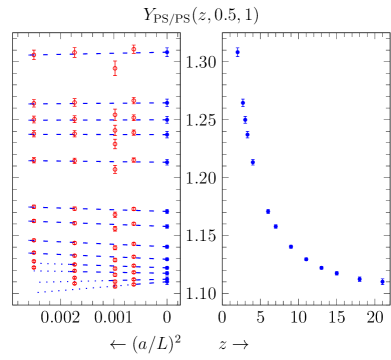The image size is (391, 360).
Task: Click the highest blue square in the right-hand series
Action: tap(237, 52)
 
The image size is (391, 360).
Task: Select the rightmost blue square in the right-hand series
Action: tap(382, 281)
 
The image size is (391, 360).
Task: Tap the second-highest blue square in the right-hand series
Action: tap(243, 102)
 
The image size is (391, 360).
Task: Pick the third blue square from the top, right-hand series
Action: tap(245, 120)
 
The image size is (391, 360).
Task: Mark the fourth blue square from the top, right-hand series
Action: tap(247, 135)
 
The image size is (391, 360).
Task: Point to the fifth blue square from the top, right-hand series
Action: tap(252, 162)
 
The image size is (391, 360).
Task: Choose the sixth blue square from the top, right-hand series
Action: tap(268, 211)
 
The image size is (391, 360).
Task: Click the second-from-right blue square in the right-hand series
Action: tap(359, 278)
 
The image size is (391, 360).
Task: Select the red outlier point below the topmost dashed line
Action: tap(115, 68)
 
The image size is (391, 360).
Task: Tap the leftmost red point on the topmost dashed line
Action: tap(34, 54)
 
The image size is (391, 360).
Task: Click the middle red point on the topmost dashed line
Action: tap(74, 52)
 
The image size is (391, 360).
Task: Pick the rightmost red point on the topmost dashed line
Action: tap(133, 48)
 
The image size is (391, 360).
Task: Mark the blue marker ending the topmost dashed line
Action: tap(167, 51)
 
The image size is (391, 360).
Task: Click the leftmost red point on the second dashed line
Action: tap(34, 103)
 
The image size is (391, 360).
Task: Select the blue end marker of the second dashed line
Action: tap(167, 102)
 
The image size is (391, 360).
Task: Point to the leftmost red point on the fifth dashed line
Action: tap(34, 160)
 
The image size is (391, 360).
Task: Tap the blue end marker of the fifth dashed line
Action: tap(167, 162)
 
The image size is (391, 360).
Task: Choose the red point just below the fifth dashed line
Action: tap(115, 169)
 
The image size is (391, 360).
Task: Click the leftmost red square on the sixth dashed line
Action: tap(34, 206)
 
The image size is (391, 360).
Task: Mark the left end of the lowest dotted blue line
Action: tap(38, 293)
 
